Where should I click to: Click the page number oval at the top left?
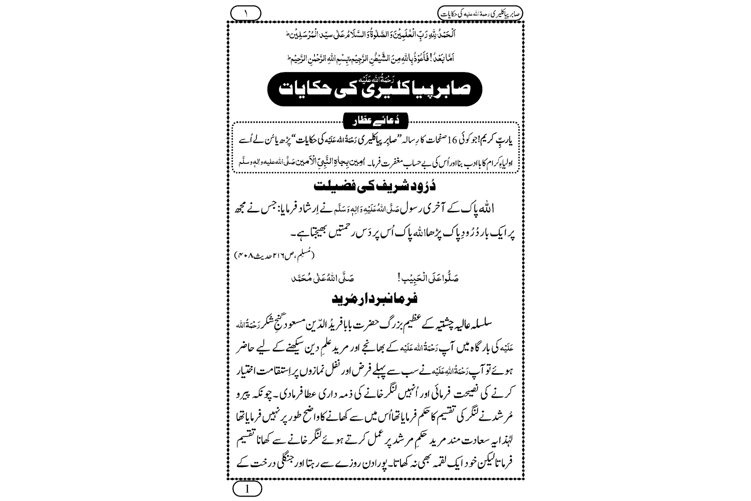click(246, 12)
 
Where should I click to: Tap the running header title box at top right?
click(480, 12)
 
